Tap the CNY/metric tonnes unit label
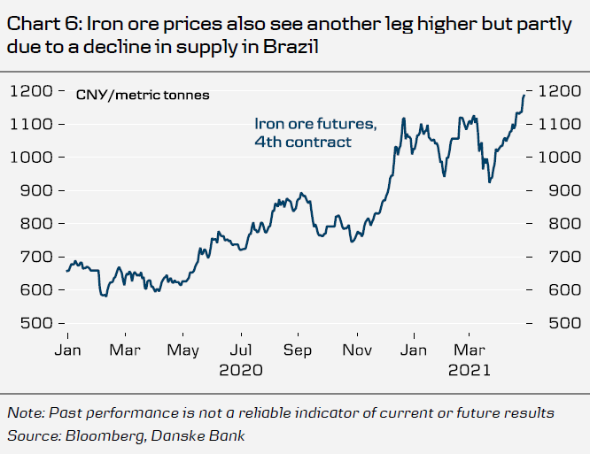point(143,94)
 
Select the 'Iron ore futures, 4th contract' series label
point(315,132)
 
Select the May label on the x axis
point(183,350)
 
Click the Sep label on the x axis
point(298,350)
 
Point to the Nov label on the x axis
point(356,350)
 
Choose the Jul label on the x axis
point(240,350)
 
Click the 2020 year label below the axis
point(240,371)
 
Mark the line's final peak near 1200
point(523,92)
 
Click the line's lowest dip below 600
point(104,296)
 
